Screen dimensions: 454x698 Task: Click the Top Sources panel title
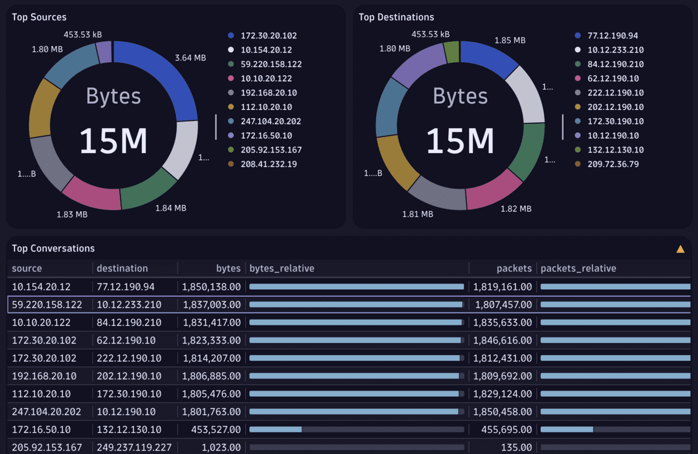coord(39,17)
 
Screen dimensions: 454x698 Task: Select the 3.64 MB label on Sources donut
coord(190,58)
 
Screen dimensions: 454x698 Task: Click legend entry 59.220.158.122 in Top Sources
coord(271,64)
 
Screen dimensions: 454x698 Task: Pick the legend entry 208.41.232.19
coord(268,164)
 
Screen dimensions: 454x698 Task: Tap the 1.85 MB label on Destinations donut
coord(510,40)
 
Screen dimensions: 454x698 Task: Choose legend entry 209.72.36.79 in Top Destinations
coord(613,164)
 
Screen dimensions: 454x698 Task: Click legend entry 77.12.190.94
coord(612,35)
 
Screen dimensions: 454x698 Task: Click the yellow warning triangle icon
coord(680,249)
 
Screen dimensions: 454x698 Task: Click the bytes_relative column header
coord(282,268)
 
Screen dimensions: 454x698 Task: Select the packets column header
coord(513,268)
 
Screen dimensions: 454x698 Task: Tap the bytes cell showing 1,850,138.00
coord(211,286)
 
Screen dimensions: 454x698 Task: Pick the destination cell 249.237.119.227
coord(134,448)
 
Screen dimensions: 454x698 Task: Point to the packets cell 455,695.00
coord(506,430)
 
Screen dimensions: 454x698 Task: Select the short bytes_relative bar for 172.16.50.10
coord(275,430)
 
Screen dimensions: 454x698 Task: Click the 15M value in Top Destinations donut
coord(460,141)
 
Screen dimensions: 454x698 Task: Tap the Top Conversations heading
coord(53,248)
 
